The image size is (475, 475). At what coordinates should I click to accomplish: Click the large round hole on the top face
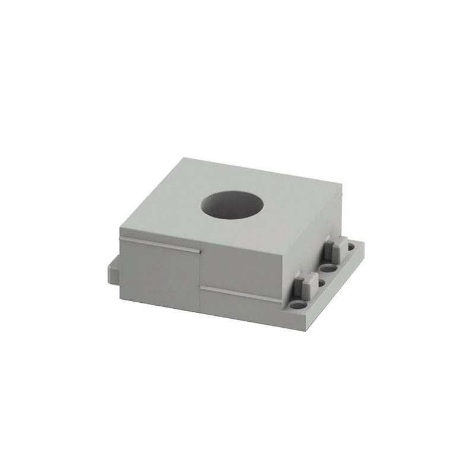click(x=232, y=205)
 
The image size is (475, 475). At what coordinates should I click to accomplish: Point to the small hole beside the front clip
click(x=321, y=284)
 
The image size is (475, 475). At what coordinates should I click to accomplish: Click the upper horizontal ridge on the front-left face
click(x=159, y=244)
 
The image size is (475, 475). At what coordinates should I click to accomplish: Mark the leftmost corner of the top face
click(x=120, y=229)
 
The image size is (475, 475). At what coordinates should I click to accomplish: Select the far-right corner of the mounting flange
click(x=363, y=243)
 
